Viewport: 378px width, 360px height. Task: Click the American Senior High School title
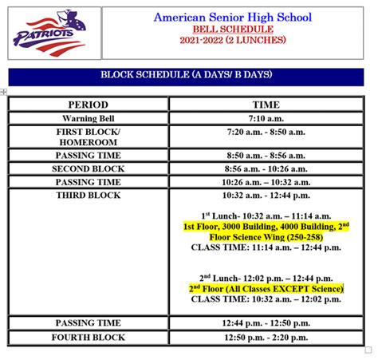click(x=232, y=17)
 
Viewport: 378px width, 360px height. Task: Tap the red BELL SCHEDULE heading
click(x=232, y=28)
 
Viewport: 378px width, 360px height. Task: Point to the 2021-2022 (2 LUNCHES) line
click(x=232, y=39)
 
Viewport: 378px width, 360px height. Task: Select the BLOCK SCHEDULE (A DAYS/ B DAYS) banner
click(x=186, y=75)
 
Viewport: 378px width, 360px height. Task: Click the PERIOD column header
click(x=88, y=105)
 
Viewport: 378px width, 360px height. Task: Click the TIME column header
click(x=266, y=105)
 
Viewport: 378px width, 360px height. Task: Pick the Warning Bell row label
click(x=88, y=118)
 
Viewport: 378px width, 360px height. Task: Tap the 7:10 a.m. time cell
click(x=266, y=118)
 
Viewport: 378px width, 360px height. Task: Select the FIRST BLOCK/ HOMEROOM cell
click(x=88, y=136)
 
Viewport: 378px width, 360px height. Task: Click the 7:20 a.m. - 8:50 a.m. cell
click(x=266, y=132)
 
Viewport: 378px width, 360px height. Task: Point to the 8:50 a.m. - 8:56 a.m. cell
click(x=266, y=156)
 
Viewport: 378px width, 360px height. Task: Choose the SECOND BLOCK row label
click(x=88, y=169)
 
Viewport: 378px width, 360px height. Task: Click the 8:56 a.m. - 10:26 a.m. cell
click(x=266, y=169)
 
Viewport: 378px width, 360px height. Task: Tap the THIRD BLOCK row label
click(x=88, y=196)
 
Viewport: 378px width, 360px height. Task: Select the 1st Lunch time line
click(x=266, y=216)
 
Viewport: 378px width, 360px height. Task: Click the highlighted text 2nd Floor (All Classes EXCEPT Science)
click(x=266, y=287)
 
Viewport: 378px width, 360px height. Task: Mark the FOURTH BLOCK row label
click(x=88, y=338)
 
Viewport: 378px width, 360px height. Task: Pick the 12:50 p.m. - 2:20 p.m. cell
click(x=266, y=338)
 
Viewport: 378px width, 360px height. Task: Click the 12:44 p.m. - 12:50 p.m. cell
click(x=266, y=323)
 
